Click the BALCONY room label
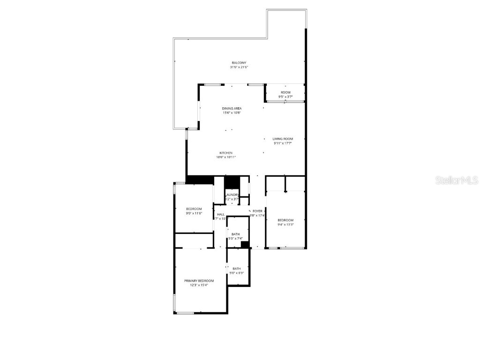click(239, 63)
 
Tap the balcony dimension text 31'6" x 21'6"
click(239, 67)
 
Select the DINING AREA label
click(232, 108)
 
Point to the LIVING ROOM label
click(283, 139)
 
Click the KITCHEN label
click(226, 153)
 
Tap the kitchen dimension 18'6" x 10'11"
click(226, 157)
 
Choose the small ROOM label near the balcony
click(285, 92)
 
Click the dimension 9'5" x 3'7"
click(285, 97)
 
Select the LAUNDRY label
click(232, 195)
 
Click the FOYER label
click(257, 211)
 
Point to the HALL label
click(220, 214)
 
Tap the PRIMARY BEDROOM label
click(199, 280)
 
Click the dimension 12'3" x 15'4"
click(199, 285)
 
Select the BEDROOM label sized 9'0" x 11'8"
click(194, 209)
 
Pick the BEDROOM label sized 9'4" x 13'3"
click(285, 220)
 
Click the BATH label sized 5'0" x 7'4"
click(235, 234)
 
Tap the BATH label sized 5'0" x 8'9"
click(237, 269)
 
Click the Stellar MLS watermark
click(457, 180)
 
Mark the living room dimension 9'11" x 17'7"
click(283, 143)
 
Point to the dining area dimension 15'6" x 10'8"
click(232, 112)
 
